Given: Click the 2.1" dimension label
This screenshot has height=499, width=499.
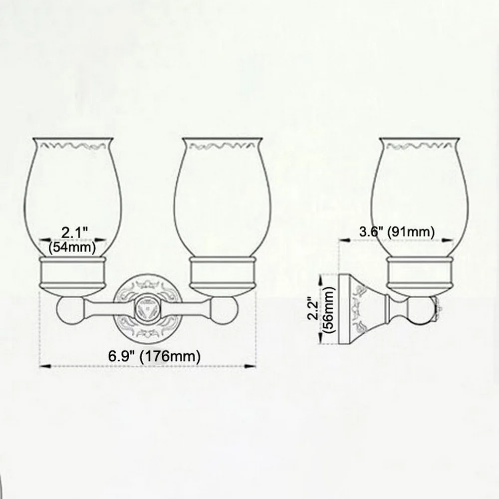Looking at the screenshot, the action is point(74,233).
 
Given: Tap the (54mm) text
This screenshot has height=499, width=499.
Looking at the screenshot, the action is point(72,248).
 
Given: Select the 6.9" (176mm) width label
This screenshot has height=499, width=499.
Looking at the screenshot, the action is point(154,356).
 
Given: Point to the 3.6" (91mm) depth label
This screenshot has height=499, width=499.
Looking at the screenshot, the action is point(397,232).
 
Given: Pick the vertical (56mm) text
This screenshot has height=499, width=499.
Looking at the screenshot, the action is point(329,310).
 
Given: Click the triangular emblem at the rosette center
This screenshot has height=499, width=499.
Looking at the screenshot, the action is point(147,308).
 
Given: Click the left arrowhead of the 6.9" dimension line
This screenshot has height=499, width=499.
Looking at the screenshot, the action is point(45,366).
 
